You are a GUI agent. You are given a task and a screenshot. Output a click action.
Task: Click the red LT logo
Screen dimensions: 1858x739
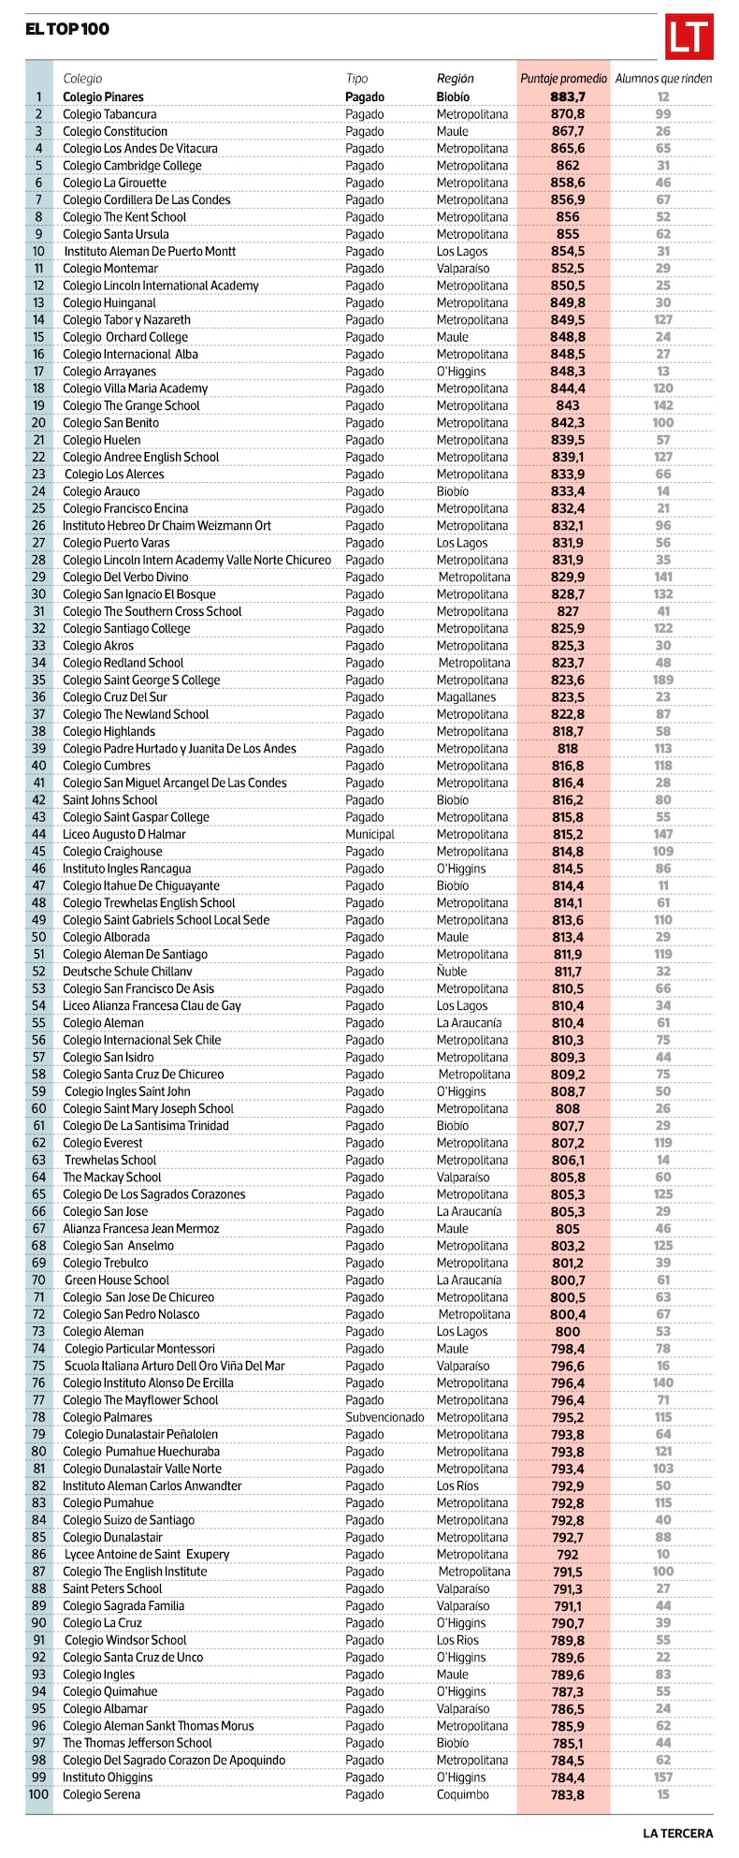688,37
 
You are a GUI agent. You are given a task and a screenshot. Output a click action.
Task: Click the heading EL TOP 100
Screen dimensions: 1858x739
67,29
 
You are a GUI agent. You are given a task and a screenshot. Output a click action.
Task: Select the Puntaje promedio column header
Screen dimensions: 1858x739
563,79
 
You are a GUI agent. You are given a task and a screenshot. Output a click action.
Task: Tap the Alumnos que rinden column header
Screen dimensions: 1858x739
663,79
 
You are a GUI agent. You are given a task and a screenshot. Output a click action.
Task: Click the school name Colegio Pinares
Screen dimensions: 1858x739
103,96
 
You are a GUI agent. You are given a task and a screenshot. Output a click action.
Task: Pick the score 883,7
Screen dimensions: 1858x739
567,96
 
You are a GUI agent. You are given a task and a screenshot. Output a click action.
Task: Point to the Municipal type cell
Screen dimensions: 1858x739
369,834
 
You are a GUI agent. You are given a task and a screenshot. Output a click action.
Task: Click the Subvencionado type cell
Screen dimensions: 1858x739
384,1417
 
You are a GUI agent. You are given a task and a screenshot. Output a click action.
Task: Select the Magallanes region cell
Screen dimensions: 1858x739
466,697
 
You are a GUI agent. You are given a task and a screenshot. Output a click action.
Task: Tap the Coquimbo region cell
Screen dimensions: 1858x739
462,1794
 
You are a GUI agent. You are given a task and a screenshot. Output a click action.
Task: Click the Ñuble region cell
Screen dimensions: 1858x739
453,972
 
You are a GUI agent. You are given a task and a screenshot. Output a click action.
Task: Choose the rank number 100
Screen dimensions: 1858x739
38,1794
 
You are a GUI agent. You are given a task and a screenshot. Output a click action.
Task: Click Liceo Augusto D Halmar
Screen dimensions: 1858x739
123,834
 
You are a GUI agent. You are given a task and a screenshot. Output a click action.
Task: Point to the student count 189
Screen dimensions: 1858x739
663,680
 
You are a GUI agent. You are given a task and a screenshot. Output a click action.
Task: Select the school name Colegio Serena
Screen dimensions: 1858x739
101,1794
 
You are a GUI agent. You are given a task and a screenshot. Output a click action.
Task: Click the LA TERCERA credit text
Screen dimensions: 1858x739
677,1833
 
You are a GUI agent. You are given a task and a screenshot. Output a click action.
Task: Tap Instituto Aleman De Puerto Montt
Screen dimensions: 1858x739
150,251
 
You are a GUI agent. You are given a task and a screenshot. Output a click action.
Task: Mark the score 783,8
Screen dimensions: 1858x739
567,1794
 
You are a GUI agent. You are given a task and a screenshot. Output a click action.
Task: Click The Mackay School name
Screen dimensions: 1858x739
111,1178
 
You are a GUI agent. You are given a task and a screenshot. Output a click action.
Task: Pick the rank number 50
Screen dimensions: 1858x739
38,937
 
